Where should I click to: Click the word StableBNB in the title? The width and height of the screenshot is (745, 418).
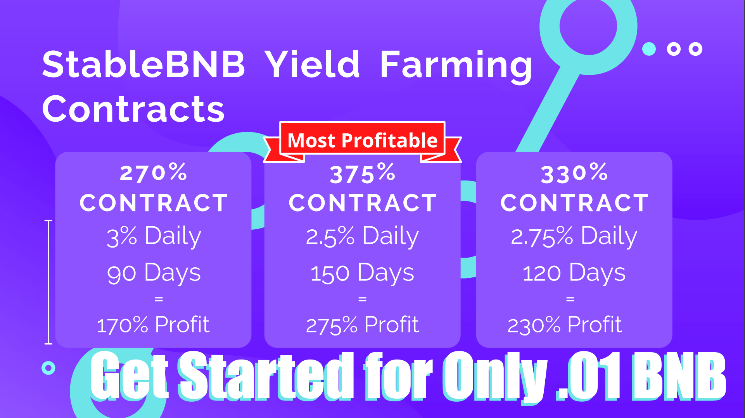point(143,64)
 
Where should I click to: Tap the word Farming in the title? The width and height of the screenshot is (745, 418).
point(456,67)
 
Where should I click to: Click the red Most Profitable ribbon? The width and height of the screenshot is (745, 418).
point(362,141)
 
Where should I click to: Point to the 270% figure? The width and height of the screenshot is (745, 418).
point(154,172)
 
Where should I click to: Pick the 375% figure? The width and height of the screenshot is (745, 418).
point(363,173)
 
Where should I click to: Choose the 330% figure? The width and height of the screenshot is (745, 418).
point(574,173)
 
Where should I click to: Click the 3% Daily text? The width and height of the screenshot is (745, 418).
point(154,236)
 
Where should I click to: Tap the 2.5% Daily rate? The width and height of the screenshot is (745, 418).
point(362,236)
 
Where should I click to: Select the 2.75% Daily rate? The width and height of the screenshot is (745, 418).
point(574,236)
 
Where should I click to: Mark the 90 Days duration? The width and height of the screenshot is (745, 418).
point(154,273)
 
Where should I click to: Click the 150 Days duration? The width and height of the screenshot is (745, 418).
point(362,273)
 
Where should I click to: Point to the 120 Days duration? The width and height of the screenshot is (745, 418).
point(574,273)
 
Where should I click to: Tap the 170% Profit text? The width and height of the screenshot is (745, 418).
point(153,325)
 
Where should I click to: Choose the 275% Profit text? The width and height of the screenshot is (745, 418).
point(362,325)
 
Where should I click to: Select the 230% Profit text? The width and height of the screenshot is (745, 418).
point(565,325)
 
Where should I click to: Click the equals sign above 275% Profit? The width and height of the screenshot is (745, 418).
point(362,299)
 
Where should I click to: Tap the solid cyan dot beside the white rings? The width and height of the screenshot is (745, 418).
point(649,49)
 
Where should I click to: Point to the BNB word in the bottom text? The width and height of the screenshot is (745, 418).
point(679,376)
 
